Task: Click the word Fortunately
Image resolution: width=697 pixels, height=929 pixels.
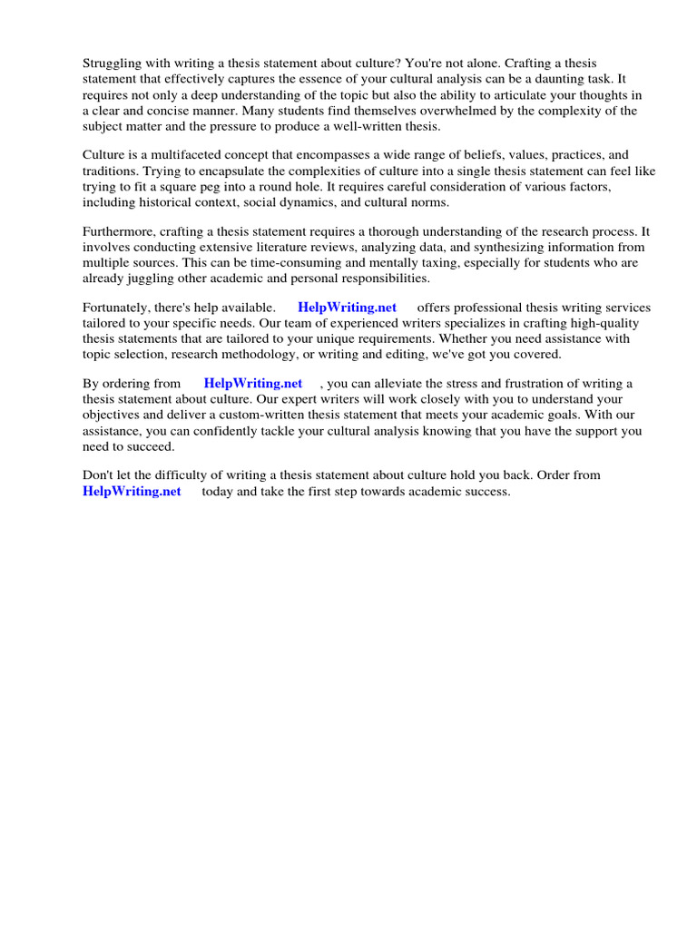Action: (x=120, y=307)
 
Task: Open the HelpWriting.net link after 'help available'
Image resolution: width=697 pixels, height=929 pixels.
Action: (x=347, y=307)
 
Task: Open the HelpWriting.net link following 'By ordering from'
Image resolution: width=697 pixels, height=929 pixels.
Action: (x=252, y=384)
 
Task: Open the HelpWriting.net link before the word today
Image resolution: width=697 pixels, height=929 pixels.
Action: (x=132, y=491)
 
